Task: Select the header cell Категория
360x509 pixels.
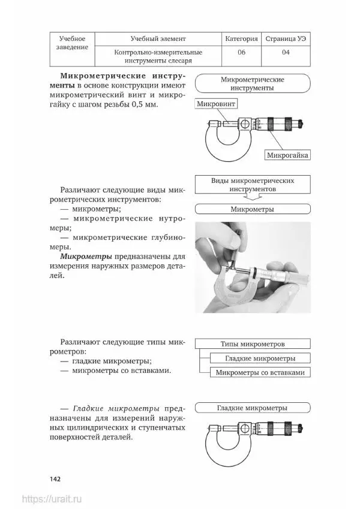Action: tap(242, 38)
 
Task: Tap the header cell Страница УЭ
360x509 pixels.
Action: tap(286, 38)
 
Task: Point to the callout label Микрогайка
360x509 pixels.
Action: tap(287, 155)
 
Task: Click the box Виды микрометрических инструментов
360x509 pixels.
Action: tap(252, 184)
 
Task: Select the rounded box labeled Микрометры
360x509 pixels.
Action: tap(253, 210)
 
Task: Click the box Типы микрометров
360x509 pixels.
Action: tap(253, 344)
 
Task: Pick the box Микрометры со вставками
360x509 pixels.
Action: tap(260, 372)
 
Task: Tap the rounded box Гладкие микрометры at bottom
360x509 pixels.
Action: tap(253, 408)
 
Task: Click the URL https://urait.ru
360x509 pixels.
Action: tap(52, 499)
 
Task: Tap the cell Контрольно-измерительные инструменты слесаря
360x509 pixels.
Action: tap(158, 56)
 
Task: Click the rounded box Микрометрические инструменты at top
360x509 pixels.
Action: tap(253, 83)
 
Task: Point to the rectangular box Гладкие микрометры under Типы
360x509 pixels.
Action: tap(260, 359)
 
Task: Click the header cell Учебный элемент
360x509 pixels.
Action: tap(158, 38)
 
